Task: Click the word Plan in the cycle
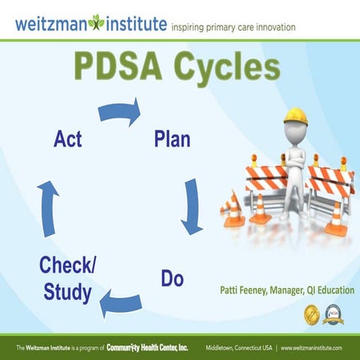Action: (172, 139)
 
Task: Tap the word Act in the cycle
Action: (67, 139)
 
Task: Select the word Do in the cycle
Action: (172, 279)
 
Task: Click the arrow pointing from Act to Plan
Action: (119, 112)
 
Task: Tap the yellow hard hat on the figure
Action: (297, 116)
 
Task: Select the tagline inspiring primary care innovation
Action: (233, 27)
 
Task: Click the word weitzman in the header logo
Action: (51, 23)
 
